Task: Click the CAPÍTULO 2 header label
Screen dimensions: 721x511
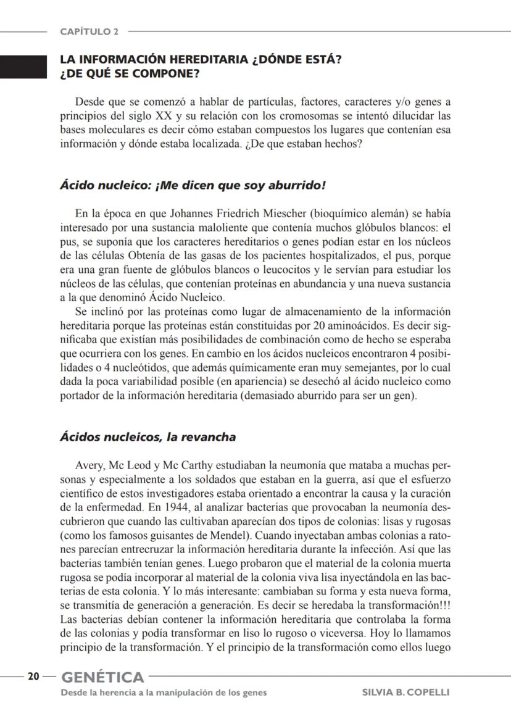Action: click(x=90, y=31)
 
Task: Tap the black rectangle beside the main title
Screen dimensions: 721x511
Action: click(x=23, y=67)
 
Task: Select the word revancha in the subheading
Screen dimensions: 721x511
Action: click(x=209, y=437)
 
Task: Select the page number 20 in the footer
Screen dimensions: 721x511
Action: click(x=33, y=677)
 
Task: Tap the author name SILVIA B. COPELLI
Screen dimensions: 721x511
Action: click(x=406, y=692)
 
